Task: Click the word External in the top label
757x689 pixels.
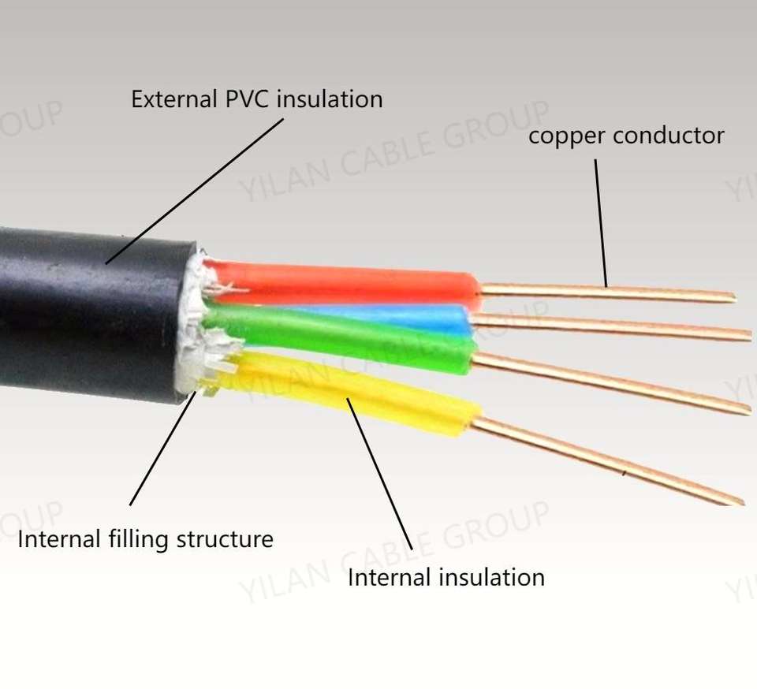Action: [x=173, y=99]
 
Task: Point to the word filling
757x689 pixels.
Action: [x=138, y=540]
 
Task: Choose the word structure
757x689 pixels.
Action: [x=225, y=540]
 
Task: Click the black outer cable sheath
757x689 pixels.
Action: [x=91, y=314]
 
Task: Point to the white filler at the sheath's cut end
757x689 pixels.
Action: [x=193, y=323]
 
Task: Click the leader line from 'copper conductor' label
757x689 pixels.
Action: [x=601, y=223]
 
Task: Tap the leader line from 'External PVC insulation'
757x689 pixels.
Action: [x=195, y=191]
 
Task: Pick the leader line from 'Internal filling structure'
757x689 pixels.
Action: [x=163, y=449]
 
